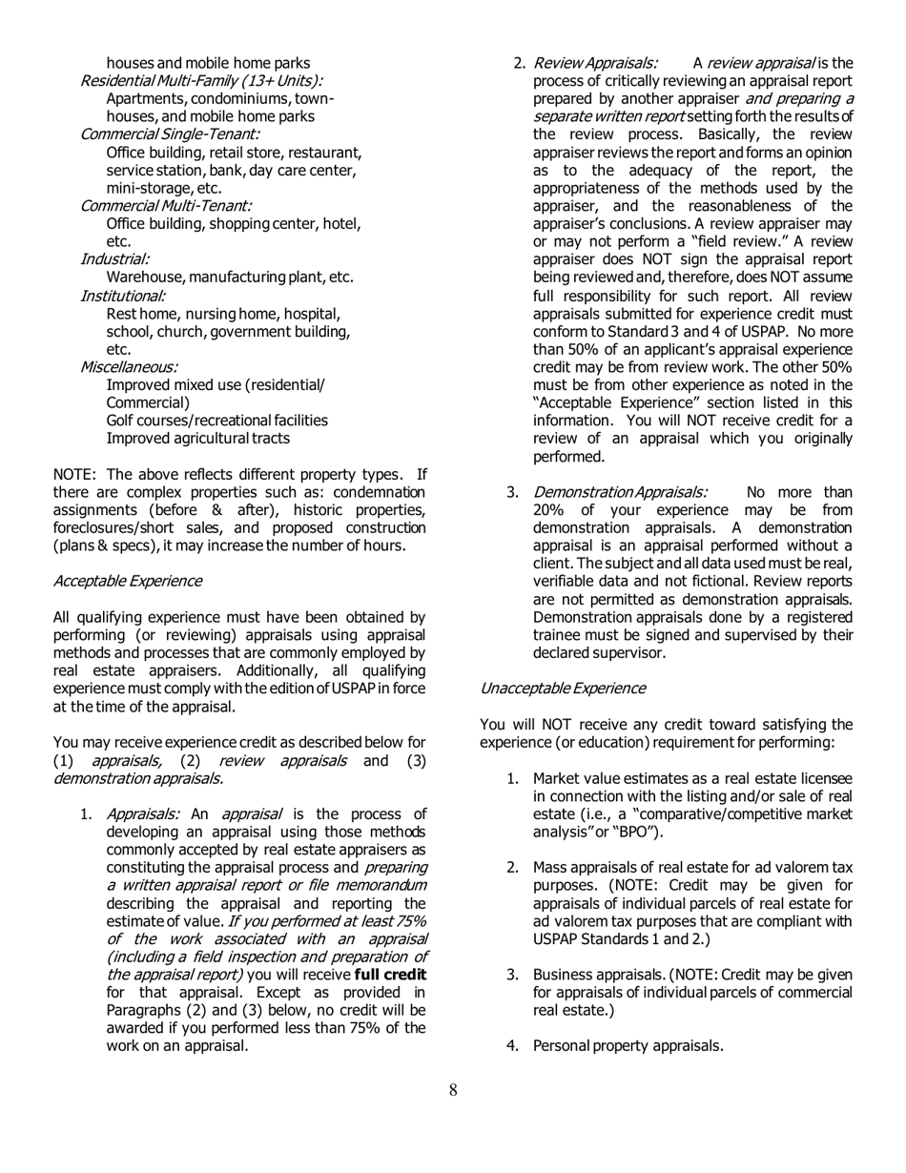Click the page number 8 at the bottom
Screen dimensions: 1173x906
[x=453, y=1090]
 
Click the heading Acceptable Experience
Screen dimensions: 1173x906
[x=127, y=581]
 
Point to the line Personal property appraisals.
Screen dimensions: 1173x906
[x=628, y=1046]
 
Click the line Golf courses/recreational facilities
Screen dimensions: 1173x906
[x=216, y=421]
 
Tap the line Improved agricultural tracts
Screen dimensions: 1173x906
[x=197, y=439]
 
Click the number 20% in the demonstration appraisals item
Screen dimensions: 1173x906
[x=549, y=511]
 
